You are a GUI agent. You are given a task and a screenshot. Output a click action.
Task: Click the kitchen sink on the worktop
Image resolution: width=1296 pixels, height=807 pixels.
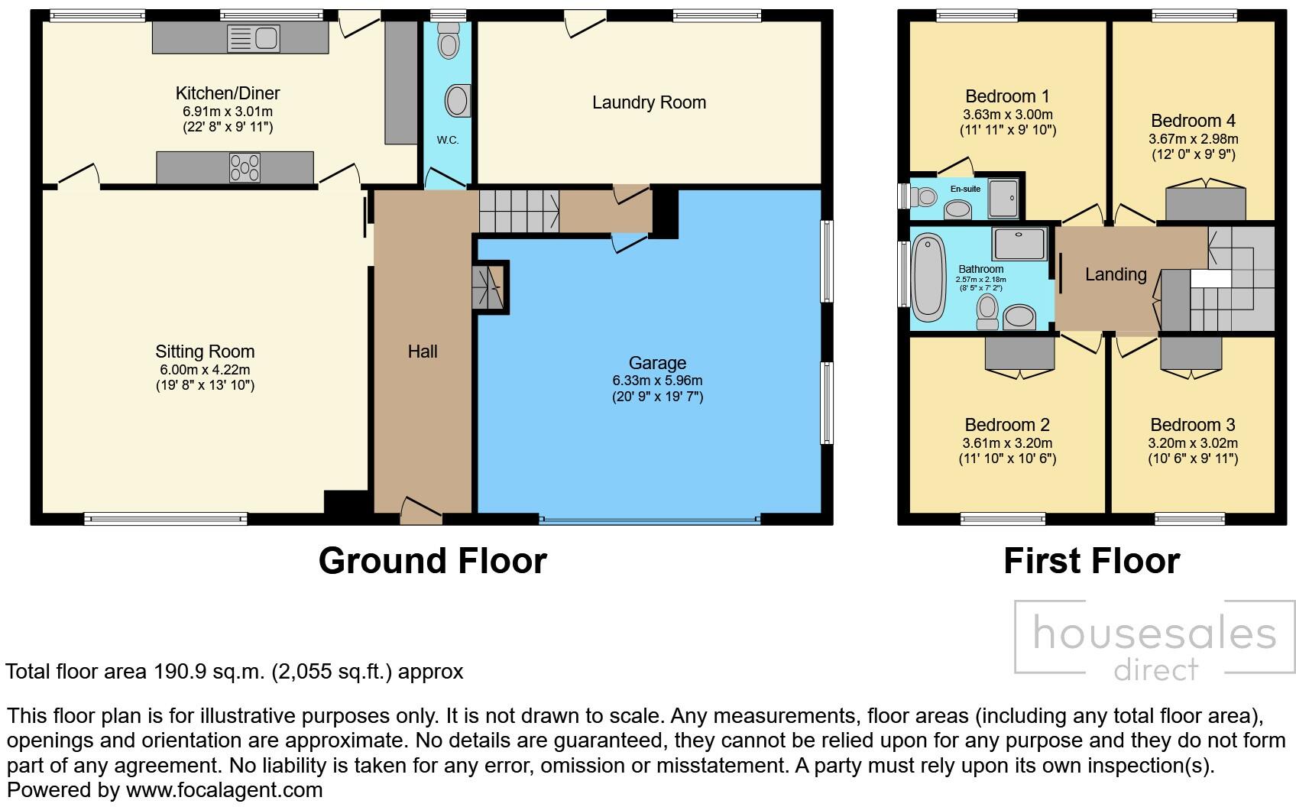(254, 38)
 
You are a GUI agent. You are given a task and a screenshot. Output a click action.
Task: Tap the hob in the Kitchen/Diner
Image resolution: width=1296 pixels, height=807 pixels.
(245, 167)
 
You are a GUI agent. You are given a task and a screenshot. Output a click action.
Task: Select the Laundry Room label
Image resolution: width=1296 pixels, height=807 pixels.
(649, 102)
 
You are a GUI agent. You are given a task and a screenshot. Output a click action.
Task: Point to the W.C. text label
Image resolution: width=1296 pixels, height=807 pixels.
(448, 140)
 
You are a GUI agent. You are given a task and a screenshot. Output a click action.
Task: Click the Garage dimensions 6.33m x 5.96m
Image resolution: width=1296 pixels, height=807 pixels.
(657, 381)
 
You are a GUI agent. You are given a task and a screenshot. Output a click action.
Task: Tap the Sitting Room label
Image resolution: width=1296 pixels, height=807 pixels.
(205, 352)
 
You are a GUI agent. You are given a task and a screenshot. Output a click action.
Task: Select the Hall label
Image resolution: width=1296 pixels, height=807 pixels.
(423, 352)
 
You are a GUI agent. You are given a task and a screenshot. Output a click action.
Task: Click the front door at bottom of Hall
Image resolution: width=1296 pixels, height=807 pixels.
(420, 510)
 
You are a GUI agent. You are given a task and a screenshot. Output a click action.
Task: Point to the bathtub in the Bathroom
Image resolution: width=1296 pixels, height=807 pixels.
(928, 277)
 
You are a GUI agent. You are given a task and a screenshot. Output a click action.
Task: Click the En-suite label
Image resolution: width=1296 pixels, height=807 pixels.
(965, 189)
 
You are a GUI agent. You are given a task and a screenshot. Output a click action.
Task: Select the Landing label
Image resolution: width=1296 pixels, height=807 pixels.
(1116, 274)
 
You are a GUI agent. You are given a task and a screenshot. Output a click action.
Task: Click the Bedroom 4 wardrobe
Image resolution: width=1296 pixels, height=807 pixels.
(1205, 203)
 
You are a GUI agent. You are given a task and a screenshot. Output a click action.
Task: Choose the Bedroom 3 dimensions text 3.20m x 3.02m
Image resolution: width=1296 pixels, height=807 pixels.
(1193, 443)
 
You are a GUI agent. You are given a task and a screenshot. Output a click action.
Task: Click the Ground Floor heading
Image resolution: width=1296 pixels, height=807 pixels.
(433, 561)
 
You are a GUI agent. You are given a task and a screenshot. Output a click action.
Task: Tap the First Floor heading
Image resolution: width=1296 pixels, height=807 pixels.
(1091, 561)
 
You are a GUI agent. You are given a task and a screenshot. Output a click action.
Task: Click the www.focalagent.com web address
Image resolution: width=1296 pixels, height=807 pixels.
(224, 789)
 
